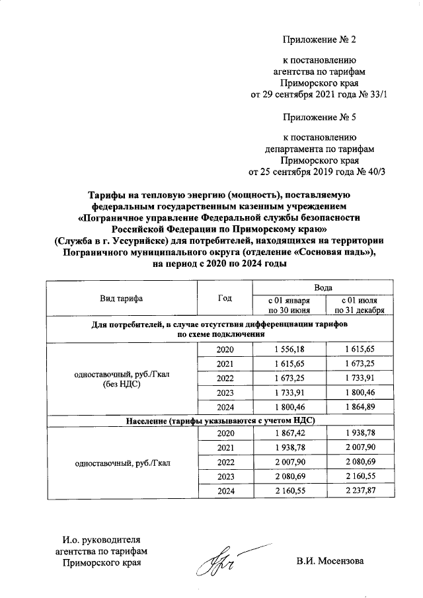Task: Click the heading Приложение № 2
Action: point(319,40)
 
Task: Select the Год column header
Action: point(225,299)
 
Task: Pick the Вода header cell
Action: point(323,288)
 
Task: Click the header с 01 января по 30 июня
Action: point(288,305)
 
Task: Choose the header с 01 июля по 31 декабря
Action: point(360,305)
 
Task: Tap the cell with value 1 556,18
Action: point(288,349)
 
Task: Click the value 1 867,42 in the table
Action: point(288,433)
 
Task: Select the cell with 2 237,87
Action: point(360,491)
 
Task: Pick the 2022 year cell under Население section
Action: point(225,462)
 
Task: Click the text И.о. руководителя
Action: point(97,540)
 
